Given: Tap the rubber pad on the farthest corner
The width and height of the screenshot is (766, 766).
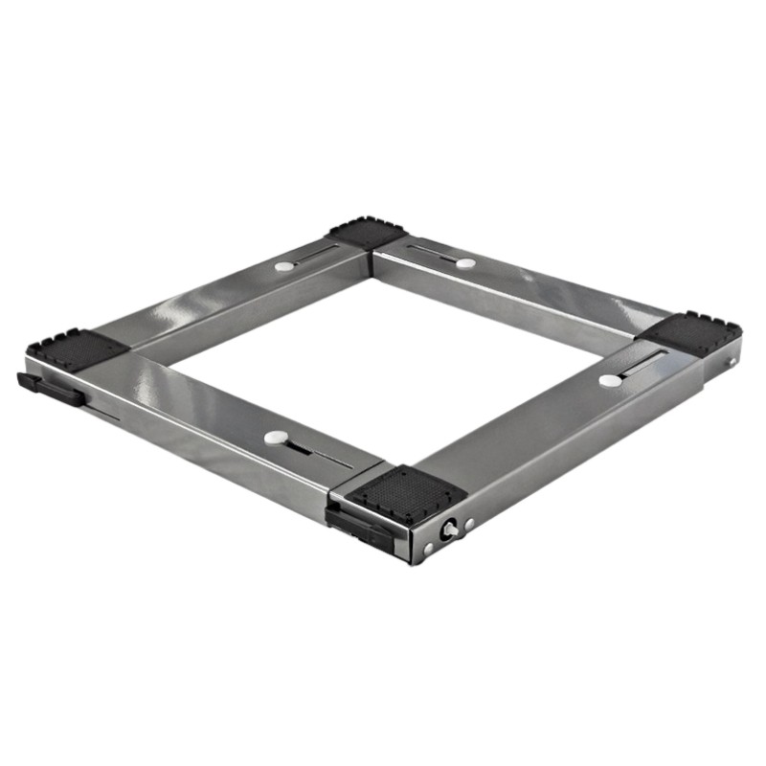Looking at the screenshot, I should point(368,233).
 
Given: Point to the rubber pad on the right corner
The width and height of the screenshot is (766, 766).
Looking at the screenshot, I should point(691,331).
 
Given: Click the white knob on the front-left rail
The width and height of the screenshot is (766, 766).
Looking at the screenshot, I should point(275,438).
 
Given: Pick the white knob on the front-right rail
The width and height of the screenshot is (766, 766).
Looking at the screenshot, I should point(610,381).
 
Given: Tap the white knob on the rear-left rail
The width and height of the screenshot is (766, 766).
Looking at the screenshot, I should point(284,265).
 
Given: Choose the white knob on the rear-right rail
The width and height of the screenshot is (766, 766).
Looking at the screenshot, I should point(465,262).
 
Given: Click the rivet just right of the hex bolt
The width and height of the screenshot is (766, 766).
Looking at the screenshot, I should point(468,524).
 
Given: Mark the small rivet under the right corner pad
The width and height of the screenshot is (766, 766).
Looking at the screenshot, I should point(732,363).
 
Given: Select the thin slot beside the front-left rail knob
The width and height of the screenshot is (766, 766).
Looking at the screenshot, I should point(316,452).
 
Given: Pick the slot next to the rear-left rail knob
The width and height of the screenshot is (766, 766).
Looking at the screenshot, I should point(316,255).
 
